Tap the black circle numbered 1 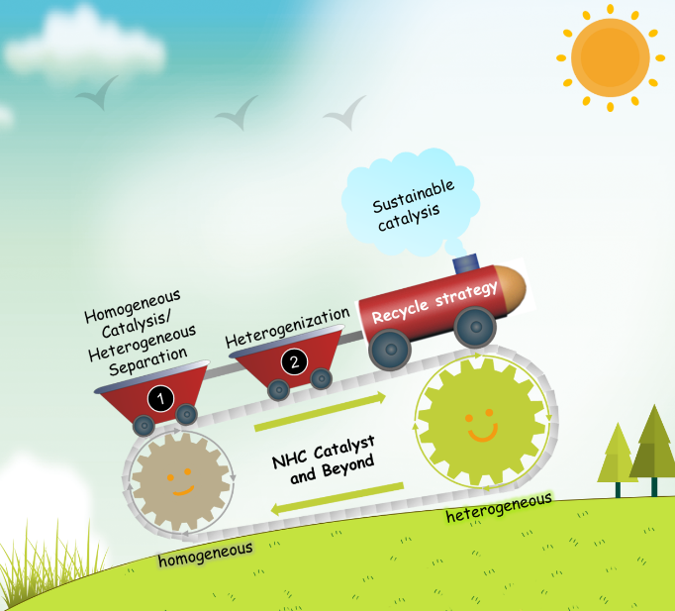click(x=160, y=397)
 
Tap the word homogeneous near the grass click(x=204, y=553)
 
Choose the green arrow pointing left click(x=337, y=497)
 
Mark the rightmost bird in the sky click(x=344, y=115)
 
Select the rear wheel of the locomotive click(x=389, y=345)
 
